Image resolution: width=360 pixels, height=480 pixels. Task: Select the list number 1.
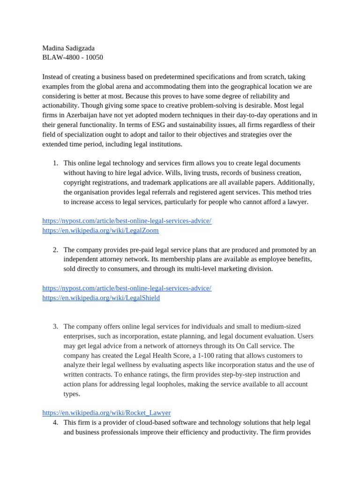point(55,163)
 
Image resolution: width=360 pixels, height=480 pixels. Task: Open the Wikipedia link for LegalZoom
point(100,231)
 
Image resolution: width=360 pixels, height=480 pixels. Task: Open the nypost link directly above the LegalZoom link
point(127,221)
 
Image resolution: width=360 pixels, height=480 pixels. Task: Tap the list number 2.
point(55,250)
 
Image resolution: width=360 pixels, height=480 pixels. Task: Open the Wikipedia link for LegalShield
point(101,298)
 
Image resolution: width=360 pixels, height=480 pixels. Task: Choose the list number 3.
point(55,327)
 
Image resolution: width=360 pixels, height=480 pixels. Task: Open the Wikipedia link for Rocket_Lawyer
point(106,413)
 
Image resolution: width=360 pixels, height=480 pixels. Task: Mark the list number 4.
point(55,423)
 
